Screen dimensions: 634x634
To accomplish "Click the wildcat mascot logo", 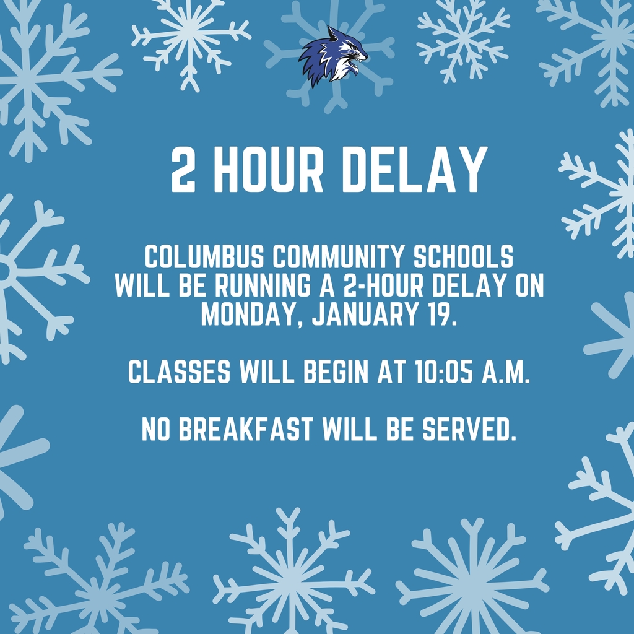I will [332, 56].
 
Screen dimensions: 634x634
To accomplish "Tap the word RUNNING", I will [260, 287].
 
